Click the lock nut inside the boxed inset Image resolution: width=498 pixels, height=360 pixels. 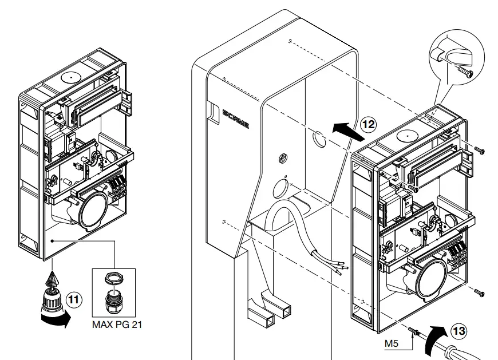coord(114,279)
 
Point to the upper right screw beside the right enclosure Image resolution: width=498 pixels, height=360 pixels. coord(480,150)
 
